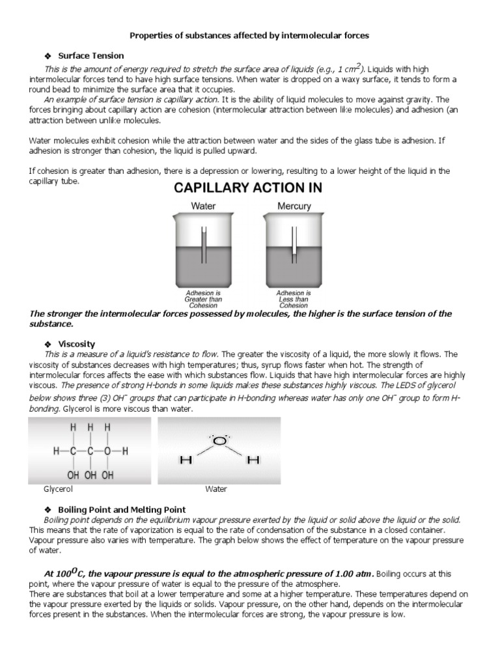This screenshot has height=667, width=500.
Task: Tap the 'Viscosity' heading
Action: coord(77,343)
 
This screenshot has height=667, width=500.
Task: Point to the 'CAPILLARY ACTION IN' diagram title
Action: coord(247,188)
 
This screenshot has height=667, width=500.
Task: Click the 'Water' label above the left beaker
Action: coord(203,206)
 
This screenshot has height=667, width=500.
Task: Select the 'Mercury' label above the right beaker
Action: coord(294,206)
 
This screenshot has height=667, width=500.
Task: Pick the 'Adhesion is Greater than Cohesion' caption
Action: coord(204,299)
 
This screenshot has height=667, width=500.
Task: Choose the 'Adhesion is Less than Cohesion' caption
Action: coord(294,299)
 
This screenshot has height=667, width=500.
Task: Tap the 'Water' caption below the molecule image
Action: coord(215,489)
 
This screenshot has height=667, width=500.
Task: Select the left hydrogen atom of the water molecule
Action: coord(186,461)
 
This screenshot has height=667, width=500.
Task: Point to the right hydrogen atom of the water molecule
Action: coord(253,461)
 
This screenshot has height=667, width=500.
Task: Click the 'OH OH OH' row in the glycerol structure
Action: coord(90,475)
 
